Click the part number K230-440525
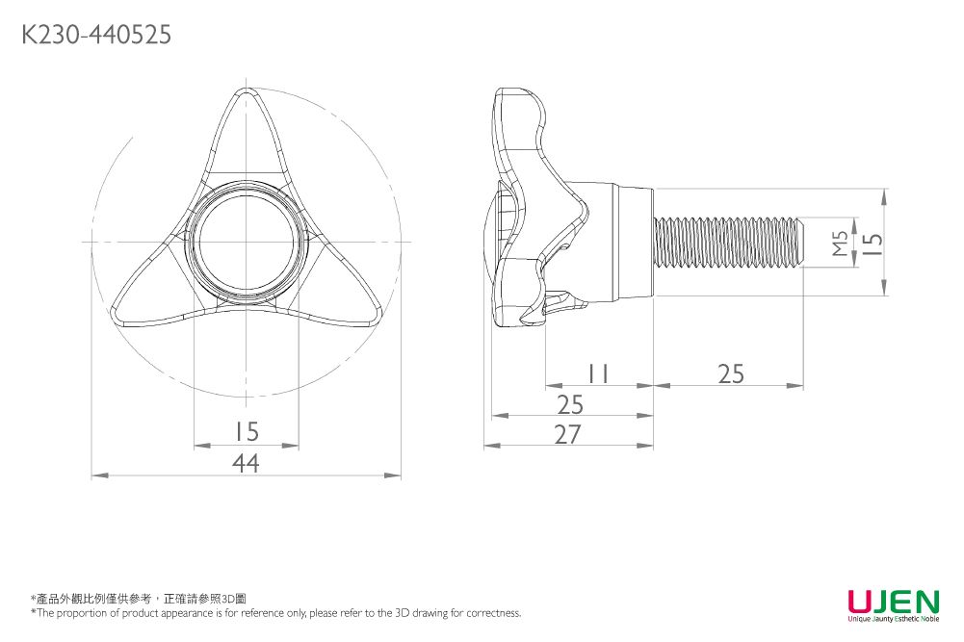96,36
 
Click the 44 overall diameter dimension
246,464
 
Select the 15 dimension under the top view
246,430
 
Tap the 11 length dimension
598,373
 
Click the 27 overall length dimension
568,435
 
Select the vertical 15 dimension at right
872,243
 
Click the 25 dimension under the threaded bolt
731,373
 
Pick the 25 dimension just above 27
569,404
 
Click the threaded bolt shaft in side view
727,243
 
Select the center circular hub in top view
247,241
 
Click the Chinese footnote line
140,598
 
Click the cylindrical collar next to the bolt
631,243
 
